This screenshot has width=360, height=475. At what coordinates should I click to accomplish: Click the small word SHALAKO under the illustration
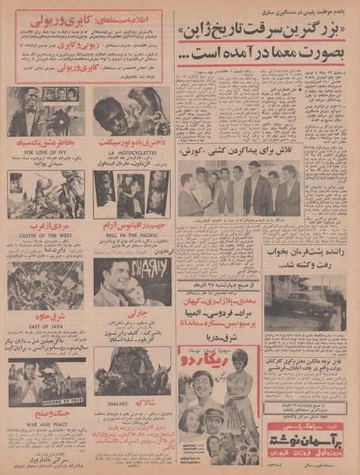(131, 402)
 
